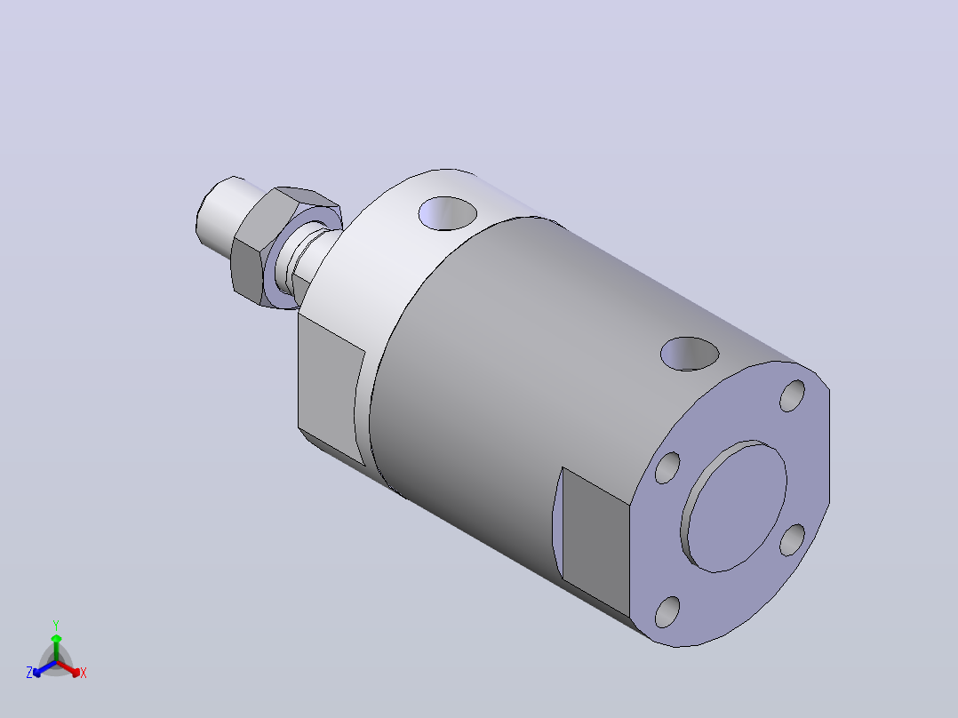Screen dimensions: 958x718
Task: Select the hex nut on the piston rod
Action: pyautogui.click(x=257, y=244)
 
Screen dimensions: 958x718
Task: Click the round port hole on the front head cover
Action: pyautogui.click(x=448, y=213)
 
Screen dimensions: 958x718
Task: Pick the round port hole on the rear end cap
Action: pyautogui.click(x=690, y=353)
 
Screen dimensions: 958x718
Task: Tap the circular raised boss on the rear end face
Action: pyautogui.click(x=734, y=507)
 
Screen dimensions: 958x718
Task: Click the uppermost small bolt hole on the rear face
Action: pyautogui.click(x=793, y=395)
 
